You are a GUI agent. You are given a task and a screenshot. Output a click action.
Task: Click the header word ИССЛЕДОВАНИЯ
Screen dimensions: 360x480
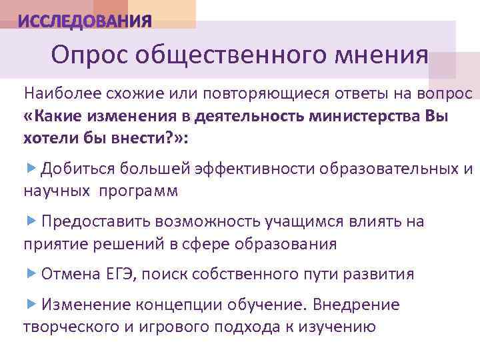tap(85, 21)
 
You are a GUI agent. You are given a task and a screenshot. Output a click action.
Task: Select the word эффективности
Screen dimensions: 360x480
tap(256, 169)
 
